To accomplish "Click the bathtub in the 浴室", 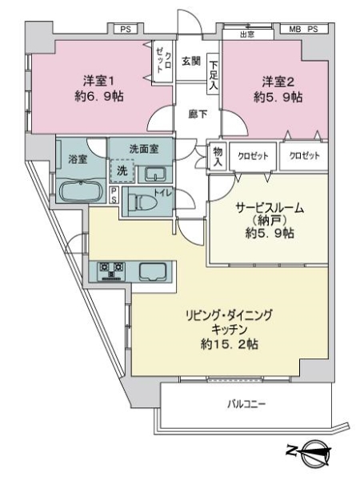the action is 81,191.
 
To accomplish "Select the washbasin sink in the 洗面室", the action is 155,174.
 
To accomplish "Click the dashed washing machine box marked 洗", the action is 122,171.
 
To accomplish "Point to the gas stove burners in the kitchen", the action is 111,271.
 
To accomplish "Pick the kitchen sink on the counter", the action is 153,271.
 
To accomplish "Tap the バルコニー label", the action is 246,404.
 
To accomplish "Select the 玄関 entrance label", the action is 191,61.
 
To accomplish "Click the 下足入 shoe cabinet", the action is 214,75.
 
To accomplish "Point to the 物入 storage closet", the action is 218,156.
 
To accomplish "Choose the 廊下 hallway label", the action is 198,114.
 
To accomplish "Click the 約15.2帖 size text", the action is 230,344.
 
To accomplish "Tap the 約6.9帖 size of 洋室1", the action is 99,97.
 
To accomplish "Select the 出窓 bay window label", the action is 247,34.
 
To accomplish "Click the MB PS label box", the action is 304,30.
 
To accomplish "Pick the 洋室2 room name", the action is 278,82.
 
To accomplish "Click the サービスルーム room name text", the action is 270,208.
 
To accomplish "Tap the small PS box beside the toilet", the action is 114,194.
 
